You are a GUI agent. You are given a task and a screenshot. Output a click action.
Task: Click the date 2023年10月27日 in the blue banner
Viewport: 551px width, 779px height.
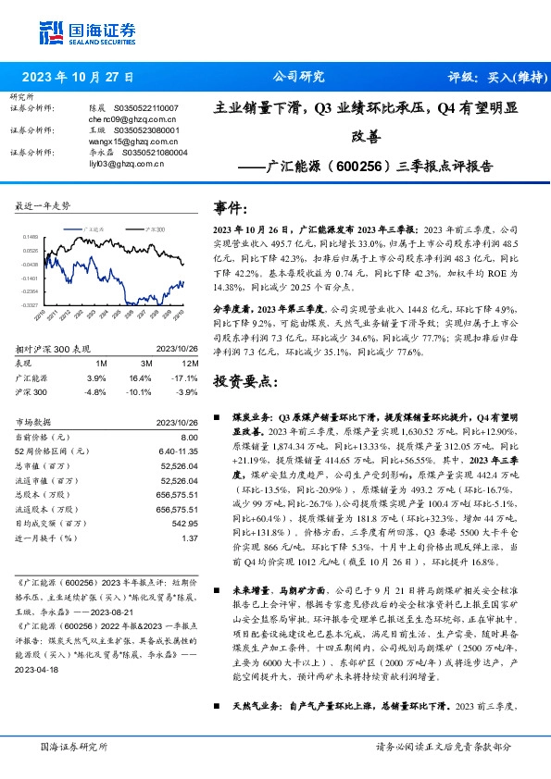click(78, 77)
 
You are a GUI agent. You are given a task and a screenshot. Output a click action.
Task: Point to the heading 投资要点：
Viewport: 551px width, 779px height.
click(244, 382)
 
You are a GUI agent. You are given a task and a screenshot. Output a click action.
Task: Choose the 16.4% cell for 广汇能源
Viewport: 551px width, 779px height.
click(141, 378)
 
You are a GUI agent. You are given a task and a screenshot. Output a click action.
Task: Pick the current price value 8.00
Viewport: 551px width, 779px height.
click(190, 437)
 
